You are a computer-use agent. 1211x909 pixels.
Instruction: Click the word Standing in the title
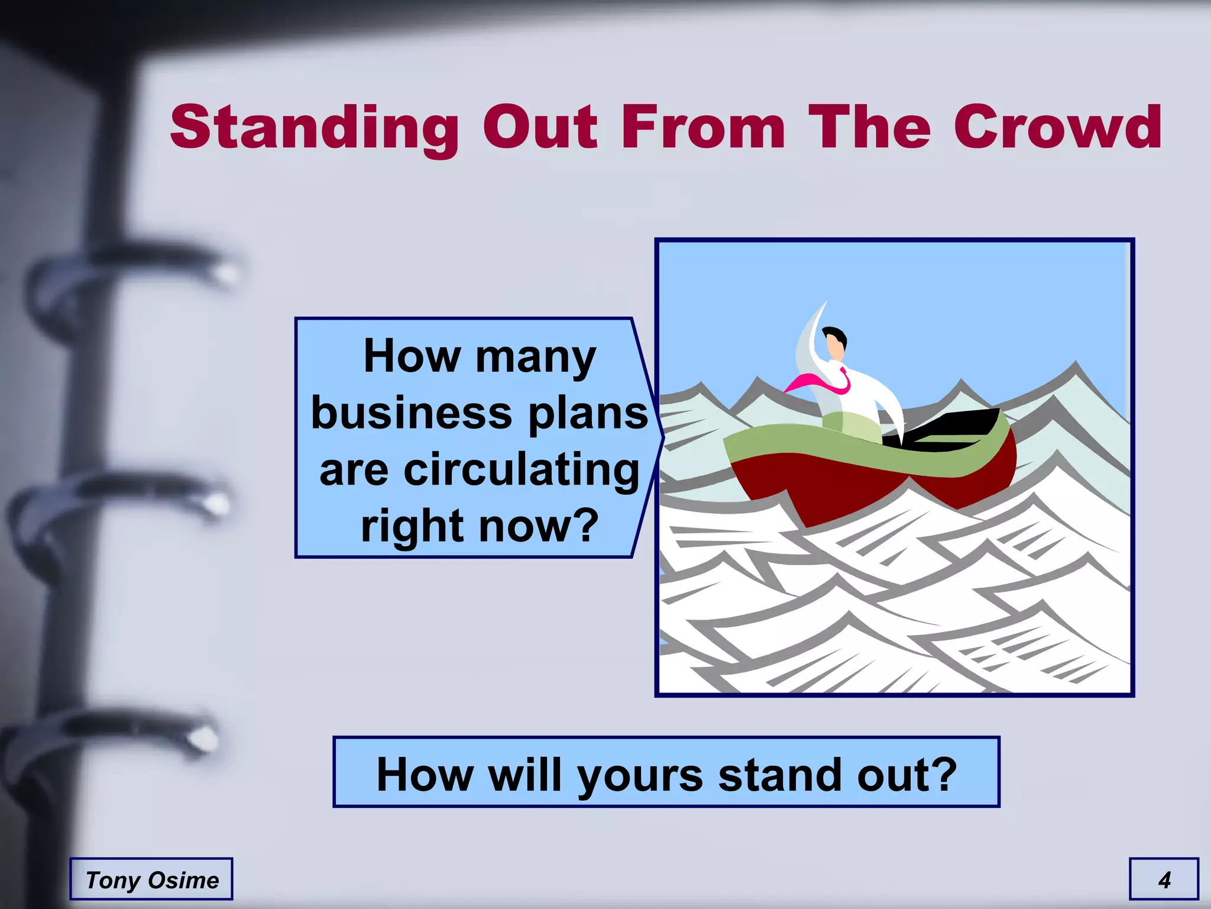(314, 128)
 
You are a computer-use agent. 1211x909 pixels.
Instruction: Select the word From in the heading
(703, 127)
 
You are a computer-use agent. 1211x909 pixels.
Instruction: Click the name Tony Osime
(152, 880)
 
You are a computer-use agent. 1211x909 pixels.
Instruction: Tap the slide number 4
(1164, 880)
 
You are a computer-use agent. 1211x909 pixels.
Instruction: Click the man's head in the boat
(835, 343)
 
